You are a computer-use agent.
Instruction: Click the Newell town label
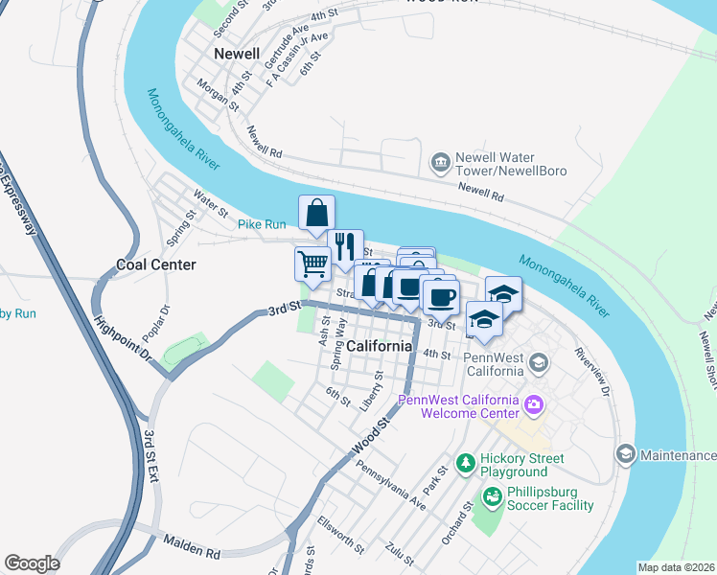coord(238,54)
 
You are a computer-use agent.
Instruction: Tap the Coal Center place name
coord(155,264)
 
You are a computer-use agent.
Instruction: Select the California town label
coord(380,345)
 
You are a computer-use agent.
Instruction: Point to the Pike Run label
coord(262,224)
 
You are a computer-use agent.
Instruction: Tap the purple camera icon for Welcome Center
coord(534,406)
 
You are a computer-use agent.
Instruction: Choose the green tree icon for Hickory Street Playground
coord(466,464)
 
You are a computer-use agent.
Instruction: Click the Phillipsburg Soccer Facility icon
coord(492,496)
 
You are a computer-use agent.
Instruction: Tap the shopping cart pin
coord(312,264)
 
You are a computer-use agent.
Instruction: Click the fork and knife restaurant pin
coord(345,245)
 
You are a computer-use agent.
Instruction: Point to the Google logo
coord(32,563)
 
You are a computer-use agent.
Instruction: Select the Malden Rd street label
coord(191,547)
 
